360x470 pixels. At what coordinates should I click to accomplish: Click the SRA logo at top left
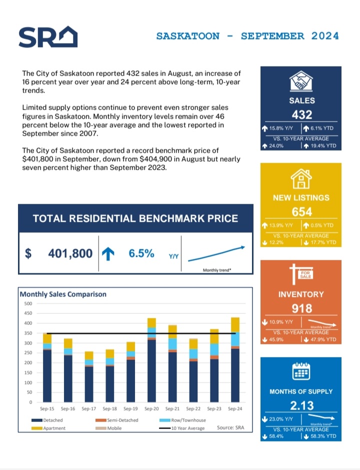point(47,37)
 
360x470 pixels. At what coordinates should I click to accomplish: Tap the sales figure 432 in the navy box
point(301,115)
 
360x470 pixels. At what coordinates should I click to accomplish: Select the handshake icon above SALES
point(301,82)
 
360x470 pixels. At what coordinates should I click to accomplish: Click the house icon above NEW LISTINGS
point(301,178)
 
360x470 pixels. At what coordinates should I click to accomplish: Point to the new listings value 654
point(301,212)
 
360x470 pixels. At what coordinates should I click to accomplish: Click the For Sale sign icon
point(301,274)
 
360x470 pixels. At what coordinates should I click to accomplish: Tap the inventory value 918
point(301,308)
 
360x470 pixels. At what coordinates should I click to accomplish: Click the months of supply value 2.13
point(301,405)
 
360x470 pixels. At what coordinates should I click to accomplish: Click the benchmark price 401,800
point(70,254)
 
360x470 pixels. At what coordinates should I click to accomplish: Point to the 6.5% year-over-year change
point(141,254)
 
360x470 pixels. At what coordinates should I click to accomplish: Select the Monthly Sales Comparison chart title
point(63,294)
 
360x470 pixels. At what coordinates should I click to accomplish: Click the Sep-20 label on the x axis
point(151,409)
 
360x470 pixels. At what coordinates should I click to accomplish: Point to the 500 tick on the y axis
point(27,303)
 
